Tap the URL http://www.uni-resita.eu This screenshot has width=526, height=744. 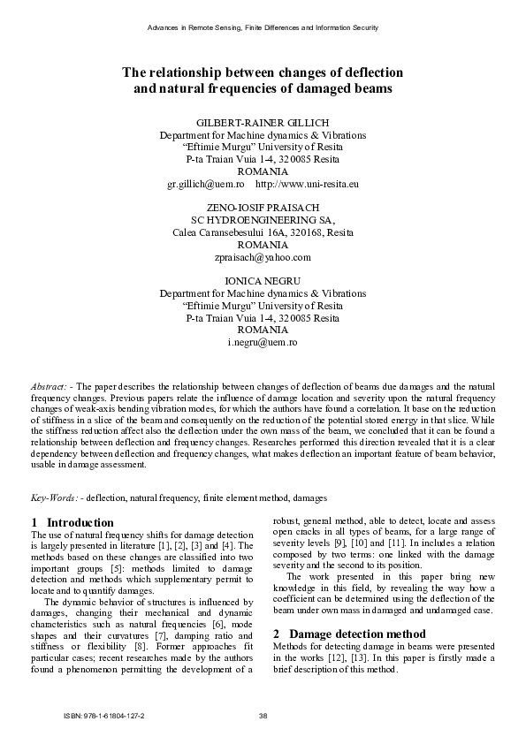click(x=307, y=184)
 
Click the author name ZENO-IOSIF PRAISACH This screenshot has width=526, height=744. click(x=263, y=209)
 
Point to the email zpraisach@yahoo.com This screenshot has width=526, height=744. click(x=263, y=257)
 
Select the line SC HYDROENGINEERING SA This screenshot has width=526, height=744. click(x=263, y=220)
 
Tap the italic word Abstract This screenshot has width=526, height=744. click(x=50, y=387)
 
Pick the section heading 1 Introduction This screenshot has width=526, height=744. click(x=72, y=522)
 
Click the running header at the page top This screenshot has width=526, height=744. click(x=263, y=28)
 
